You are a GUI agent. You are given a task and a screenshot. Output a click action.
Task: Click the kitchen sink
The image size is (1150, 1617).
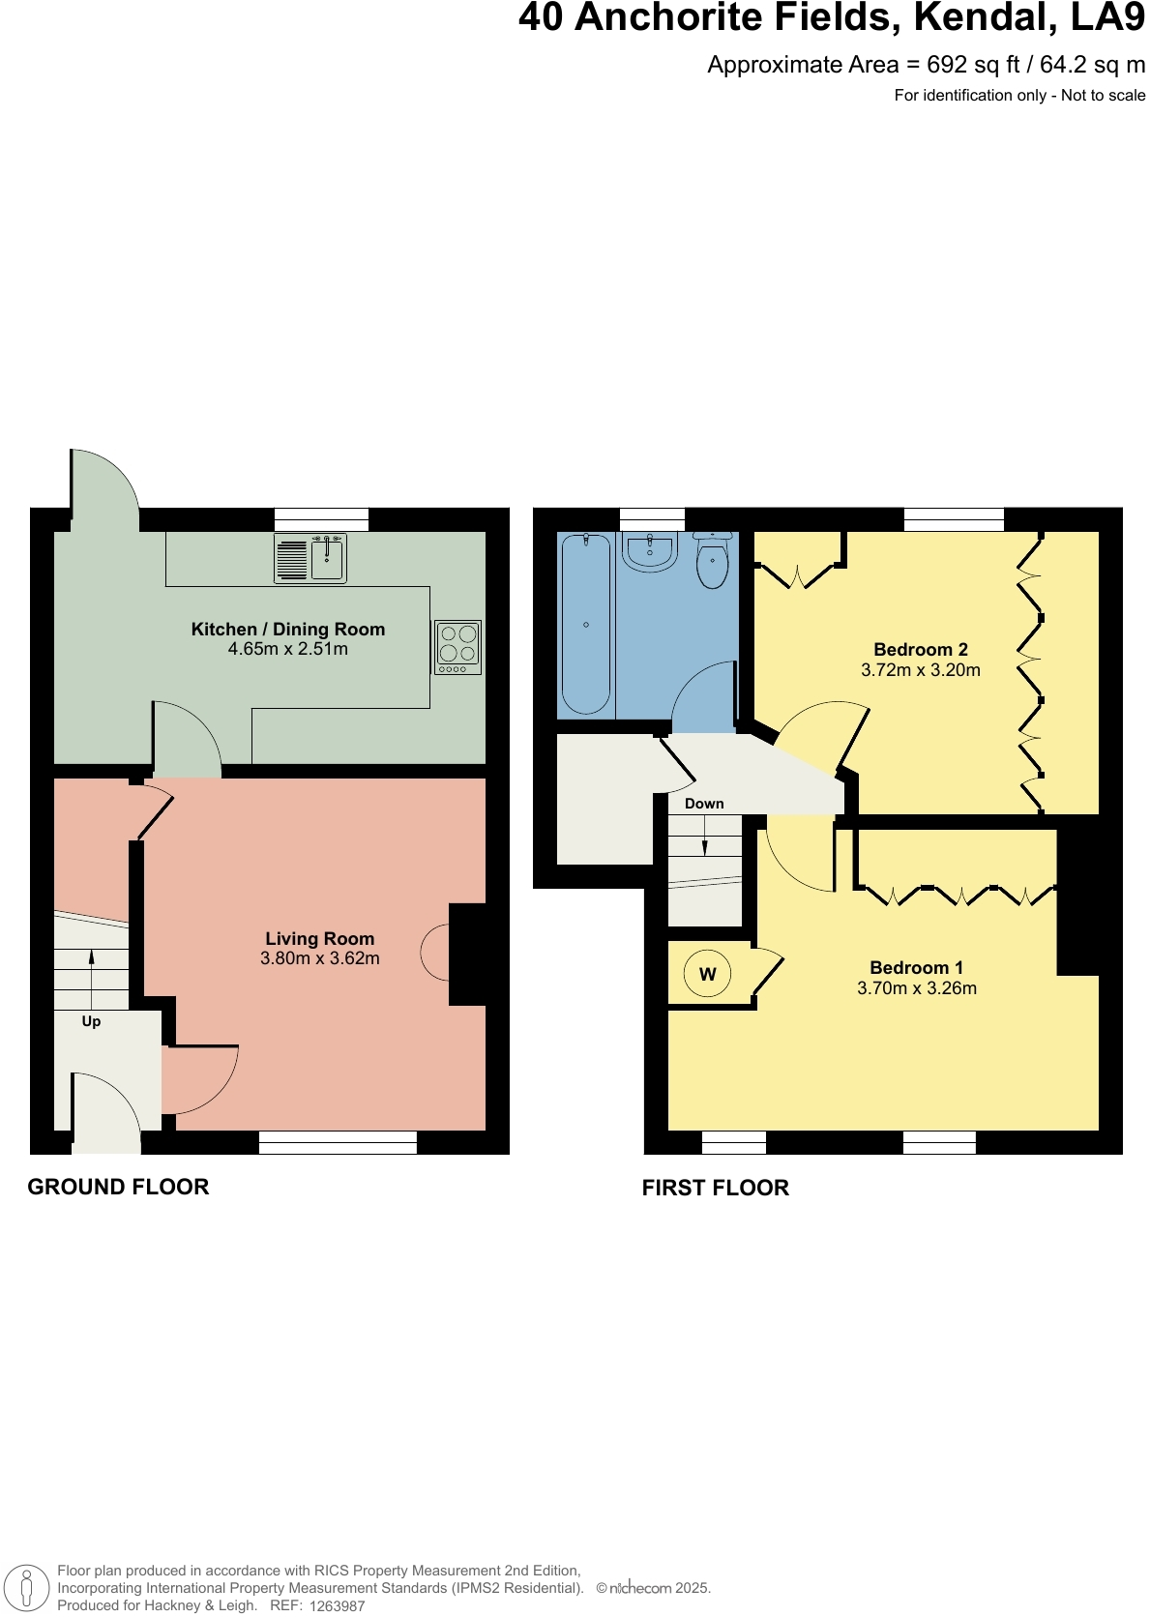(x=326, y=559)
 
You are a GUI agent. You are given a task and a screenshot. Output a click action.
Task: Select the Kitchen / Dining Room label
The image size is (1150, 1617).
(x=288, y=630)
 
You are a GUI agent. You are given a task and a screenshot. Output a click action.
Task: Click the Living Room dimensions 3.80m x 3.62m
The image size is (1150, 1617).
(x=320, y=958)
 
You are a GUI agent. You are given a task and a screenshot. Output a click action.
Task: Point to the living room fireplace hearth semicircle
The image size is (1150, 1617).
(x=435, y=953)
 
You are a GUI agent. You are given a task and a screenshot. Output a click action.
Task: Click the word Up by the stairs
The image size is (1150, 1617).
(x=91, y=1021)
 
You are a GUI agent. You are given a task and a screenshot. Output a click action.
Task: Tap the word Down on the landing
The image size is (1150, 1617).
(x=704, y=804)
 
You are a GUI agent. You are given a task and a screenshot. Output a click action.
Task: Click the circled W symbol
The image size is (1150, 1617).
(x=707, y=974)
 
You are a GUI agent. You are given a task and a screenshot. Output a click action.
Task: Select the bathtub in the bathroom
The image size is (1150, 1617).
(x=586, y=624)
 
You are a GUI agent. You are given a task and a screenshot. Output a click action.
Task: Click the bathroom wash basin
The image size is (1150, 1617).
(x=650, y=552)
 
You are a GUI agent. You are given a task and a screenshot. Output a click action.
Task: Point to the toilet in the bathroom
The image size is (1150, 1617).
(x=713, y=563)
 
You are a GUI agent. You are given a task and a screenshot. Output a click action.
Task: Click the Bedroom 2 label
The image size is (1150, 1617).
(x=921, y=650)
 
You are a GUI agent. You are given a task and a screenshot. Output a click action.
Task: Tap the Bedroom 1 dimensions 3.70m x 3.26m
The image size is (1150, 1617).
(x=917, y=988)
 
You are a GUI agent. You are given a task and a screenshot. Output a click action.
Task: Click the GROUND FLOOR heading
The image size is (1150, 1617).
(x=118, y=1187)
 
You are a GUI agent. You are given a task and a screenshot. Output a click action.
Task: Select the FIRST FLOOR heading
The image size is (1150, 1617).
(x=716, y=1188)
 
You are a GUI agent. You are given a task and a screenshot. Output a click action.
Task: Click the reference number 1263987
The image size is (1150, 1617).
(x=338, y=1606)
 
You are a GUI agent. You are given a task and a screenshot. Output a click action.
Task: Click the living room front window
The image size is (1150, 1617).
(x=338, y=1143)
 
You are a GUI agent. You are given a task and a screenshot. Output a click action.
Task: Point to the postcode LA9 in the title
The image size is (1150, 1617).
(x=1107, y=17)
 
